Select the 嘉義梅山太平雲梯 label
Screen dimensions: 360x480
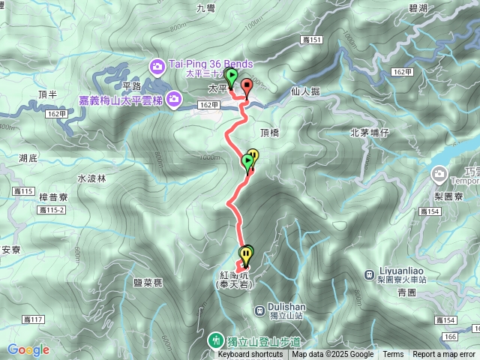pyautogui.click(x=121, y=98)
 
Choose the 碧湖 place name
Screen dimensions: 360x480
pyautogui.click(x=419, y=7)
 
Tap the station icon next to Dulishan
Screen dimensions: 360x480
pyautogui.click(x=259, y=308)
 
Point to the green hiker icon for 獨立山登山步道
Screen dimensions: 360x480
pyautogui.click(x=217, y=340)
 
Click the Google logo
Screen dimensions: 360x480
pyautogui.click(x=28, y=349)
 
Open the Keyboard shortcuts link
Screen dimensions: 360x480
pyautogui.click(x=250, y=355)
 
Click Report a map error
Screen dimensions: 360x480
pyautogui.click(x=445, y=355)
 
